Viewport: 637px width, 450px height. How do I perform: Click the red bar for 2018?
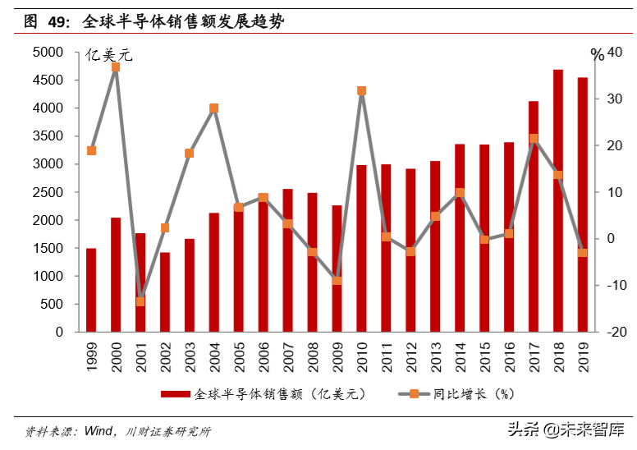pyautogui.click(x=558, y=201)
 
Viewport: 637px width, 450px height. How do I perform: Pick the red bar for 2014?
pyautogui.click(x=460, y=238)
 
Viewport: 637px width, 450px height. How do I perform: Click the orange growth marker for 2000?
pyautogui.click(x=116, y=67)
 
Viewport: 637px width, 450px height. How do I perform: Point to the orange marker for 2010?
pyautogui.click(x=361, y=91)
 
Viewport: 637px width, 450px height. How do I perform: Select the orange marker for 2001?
pyautogui.click(x=140, y=301)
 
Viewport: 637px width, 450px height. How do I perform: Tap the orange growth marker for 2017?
pyautogui.click(x=534, y=139)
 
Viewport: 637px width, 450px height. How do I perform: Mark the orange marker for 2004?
pyautogui.click(x=213, y=108)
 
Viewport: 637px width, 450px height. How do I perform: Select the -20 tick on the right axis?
pyautogui.click(x=614, y=333)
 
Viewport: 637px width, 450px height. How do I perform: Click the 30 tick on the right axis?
pyautogui.click(x=616, y=99)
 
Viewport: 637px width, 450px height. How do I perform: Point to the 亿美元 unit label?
pyautogui.click(x=109, y=56)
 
